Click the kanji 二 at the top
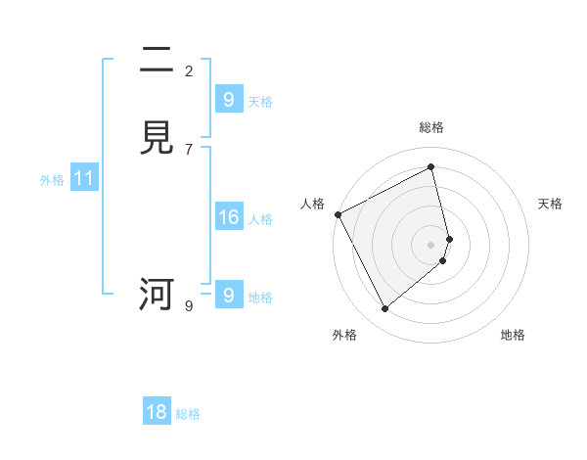coord(157,61)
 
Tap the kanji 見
coord(157,139)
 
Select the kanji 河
coord(157,294)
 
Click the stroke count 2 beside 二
coord(189,70)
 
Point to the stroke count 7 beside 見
coord(189,149)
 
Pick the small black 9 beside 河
coord(189,306)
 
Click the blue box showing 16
coord(228,217)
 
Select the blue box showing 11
coord(84,178)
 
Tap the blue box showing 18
coord(157,412)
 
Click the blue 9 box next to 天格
coord(228,100)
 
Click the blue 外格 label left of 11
coord(52,180)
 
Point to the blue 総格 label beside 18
coord(188,414)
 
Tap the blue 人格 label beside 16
coord(260,219)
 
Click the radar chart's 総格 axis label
coord(430,127)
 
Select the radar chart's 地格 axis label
coord(513,335)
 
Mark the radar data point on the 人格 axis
coord(338,213)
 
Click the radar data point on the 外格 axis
coord(384,309)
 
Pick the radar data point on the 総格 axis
coord(430,166)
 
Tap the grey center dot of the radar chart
coord(430,244)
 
